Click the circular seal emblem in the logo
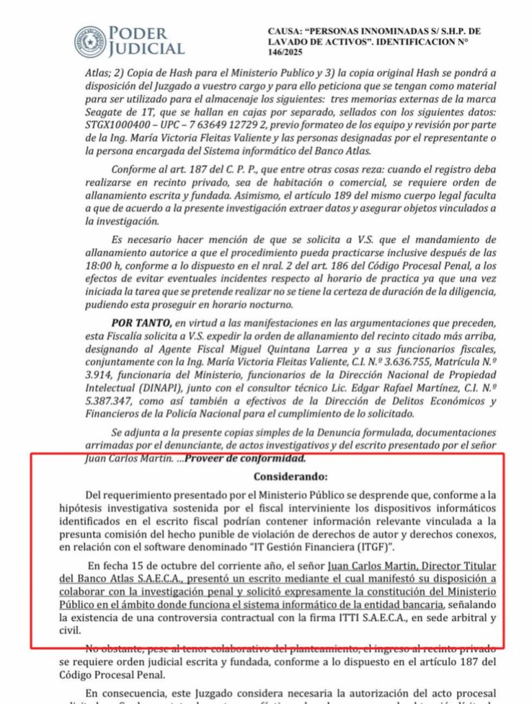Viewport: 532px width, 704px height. coord(91,42)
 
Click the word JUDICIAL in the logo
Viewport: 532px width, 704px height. coord(147,49)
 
